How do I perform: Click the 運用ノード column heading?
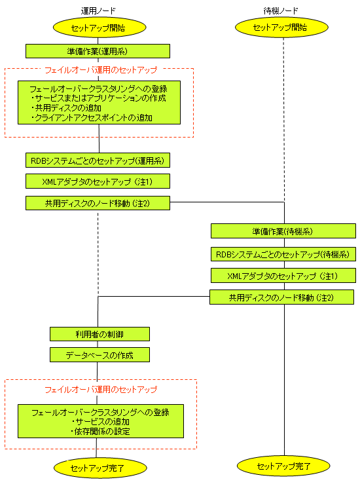(x=98, y=11)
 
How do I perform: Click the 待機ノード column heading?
(x=281, y=11)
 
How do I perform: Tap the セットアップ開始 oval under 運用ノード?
(x=99, y=28)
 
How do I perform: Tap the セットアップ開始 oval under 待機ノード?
(x=281, y=28)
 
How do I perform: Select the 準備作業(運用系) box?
(x=98, y=51)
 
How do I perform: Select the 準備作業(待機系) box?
(x=283, y=231)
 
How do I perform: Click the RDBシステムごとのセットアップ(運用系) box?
(x=98, y=160)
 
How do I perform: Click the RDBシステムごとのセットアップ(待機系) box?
(x=283, y=254)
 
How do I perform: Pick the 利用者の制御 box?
(x=99, y=334)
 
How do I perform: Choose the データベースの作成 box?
(x=99, y=355)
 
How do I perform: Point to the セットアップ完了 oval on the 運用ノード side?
(x=100, y=468)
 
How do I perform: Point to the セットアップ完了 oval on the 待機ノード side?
(x=283, y=466)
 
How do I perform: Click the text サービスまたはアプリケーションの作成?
(x=100, y=98)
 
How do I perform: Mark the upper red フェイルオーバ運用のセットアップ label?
(x=101, y=70)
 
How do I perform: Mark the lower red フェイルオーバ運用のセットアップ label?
(x=101, y=389)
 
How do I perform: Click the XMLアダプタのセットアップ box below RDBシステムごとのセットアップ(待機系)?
(x=283, y=276)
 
